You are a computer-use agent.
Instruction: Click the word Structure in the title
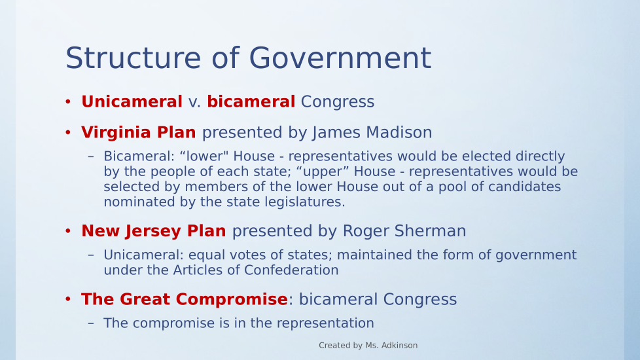pyautogui.click(x=133, y=58)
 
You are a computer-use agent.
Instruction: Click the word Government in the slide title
pyautogui.click(x=340, y=58)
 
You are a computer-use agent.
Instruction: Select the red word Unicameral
pyautogui.click(x=132, y=101)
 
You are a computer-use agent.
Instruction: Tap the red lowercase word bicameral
pyautogui.click(x=251, y=101)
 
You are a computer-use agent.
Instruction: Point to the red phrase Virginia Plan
pyautogui.click(x=138, y=133)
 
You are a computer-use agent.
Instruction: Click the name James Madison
pyautogui.click(x=372, y=133)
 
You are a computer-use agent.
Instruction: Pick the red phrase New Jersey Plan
pyautogui.click(x=154, y=231)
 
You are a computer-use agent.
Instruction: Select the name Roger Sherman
pyautogui.click(x=404, y=231)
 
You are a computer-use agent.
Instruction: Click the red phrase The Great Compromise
pyautogui.click(x=185, y=299)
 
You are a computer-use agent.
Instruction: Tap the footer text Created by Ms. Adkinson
pyautogui.click(x=368, y=346)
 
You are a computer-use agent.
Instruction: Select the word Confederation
pyautogui.click(x=291, y=270)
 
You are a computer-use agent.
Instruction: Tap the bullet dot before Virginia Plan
pyautogui.click(x=68, y=132)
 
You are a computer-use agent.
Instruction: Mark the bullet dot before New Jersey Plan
pyautogui.click(x=68, y=230)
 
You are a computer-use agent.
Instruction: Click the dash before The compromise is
pyautogui.click(x=91, y=323)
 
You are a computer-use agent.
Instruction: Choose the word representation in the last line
pyautogui.click(x=325, y=323)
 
